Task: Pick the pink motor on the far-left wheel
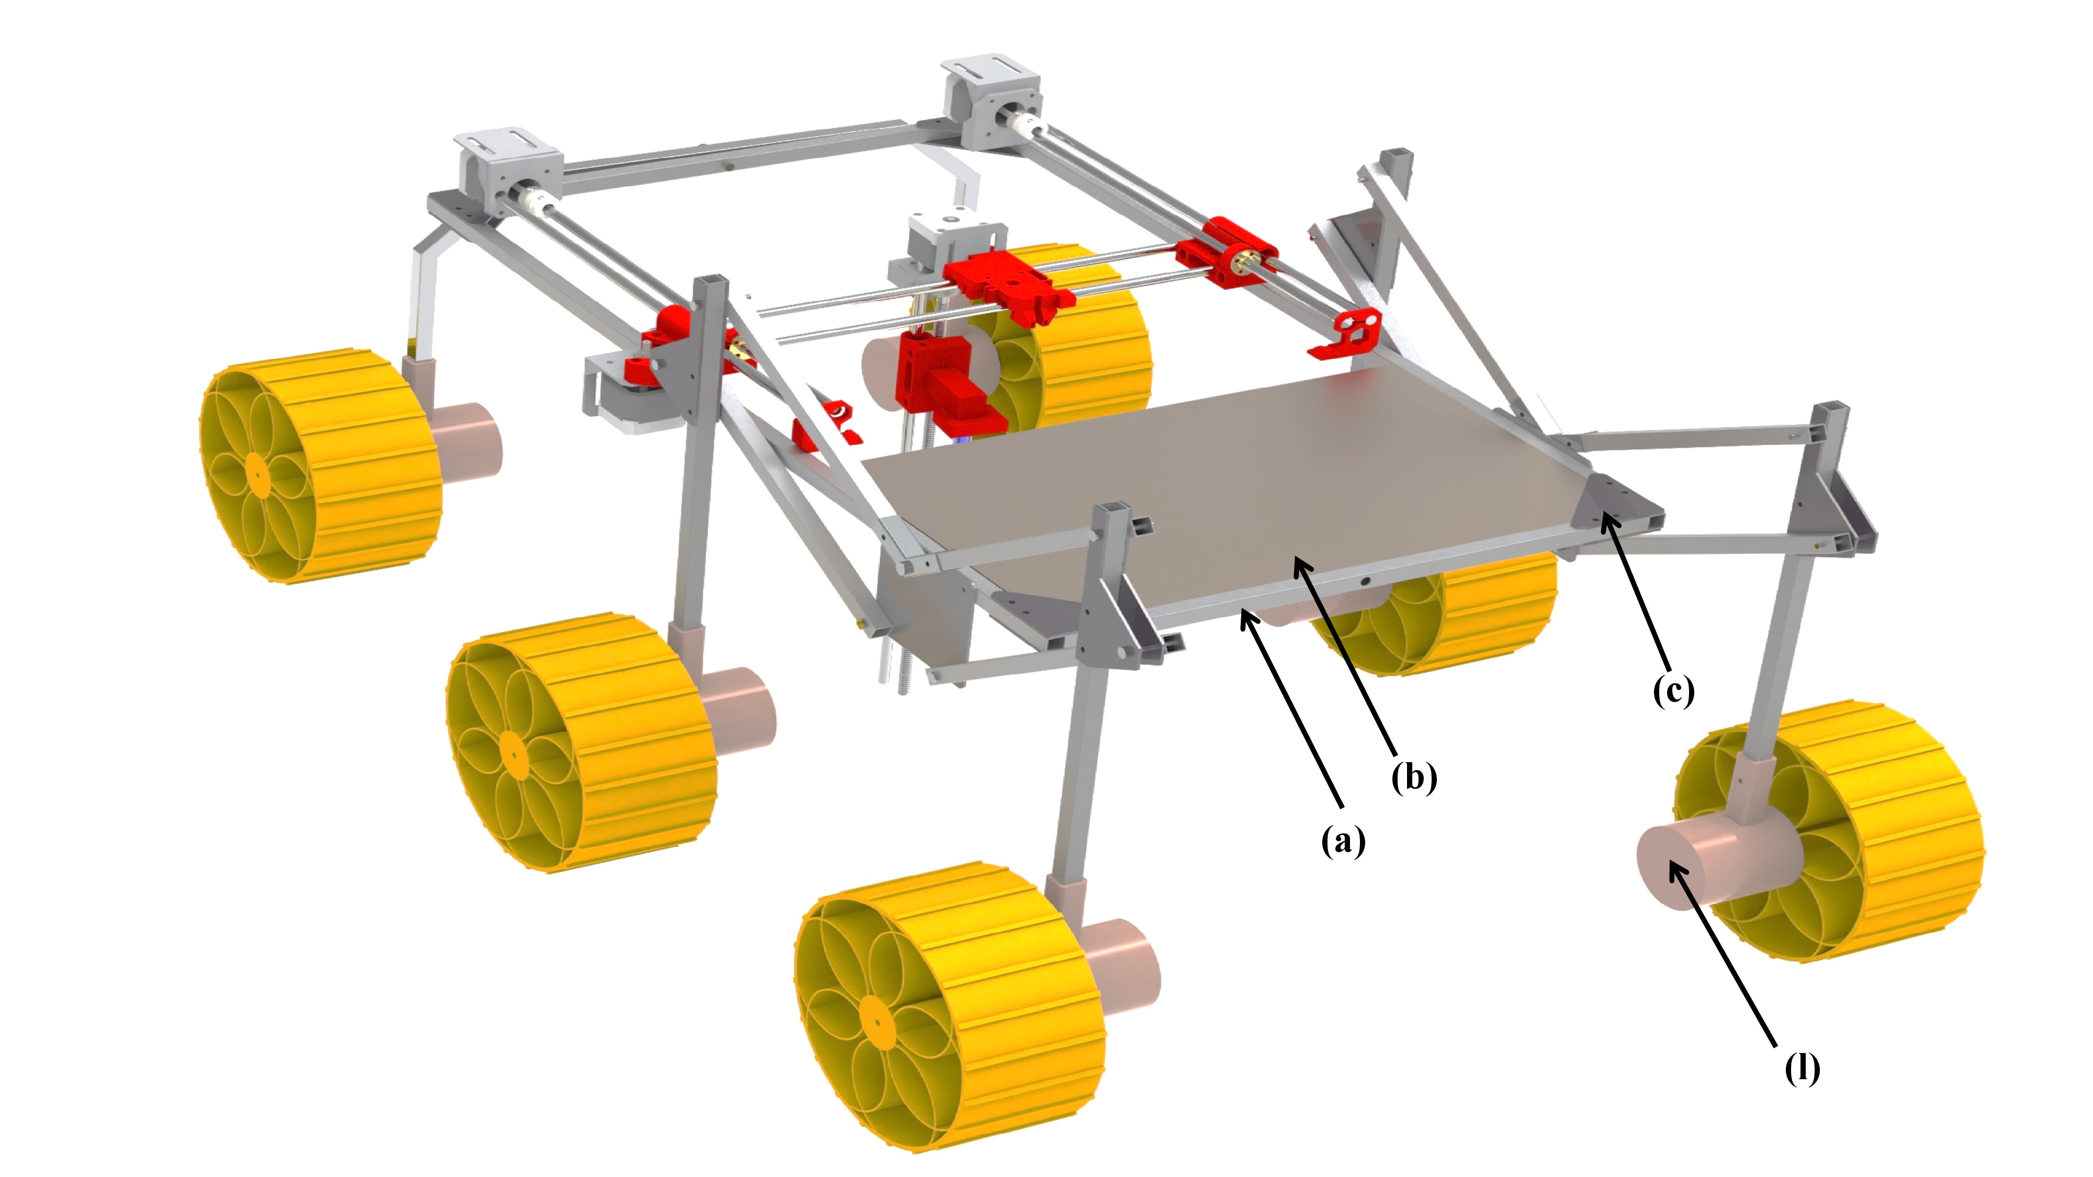pos(467,443)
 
